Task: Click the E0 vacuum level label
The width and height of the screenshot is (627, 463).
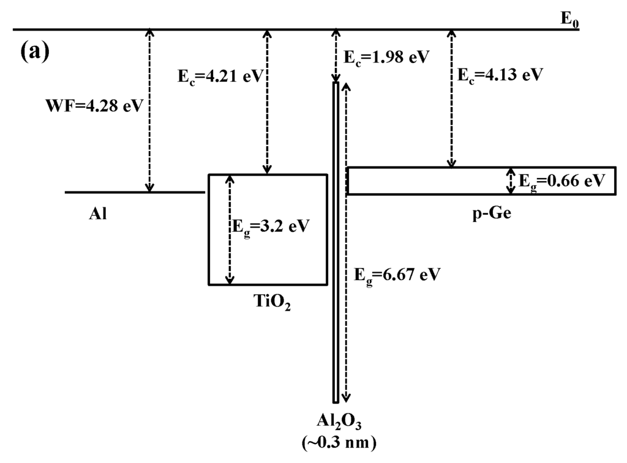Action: tap(570, 18)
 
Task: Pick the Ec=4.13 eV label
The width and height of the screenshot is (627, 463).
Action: tap(499, 75)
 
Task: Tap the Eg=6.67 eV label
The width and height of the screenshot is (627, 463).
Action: tap(396, 275)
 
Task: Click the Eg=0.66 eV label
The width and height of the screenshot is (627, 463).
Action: tap(561, 181)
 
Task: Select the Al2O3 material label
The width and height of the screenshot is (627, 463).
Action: tap(336, 422)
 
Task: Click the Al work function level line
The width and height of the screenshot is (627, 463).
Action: tap(135, 192)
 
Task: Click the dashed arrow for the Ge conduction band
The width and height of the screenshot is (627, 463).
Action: tap(451, 98)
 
